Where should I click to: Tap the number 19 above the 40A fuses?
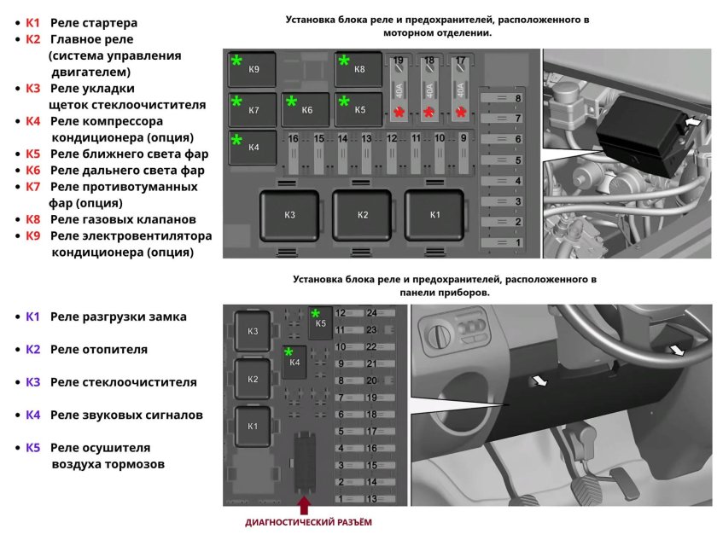pos(397,61)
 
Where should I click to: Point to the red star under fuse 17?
pos(462,113)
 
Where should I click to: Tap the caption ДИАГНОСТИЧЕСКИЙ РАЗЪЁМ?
pos(309,521)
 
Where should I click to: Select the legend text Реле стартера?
pos(94,23)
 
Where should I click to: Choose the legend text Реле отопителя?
pos(99,349)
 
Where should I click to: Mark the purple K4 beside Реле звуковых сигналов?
pos(32,415)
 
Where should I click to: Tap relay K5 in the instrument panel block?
pos(320,322)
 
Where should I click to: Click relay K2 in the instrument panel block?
pos(252,379)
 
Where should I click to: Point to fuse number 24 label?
pos(371,313)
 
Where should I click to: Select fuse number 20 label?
pos(371,380)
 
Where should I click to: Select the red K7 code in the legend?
pos(32,187)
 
